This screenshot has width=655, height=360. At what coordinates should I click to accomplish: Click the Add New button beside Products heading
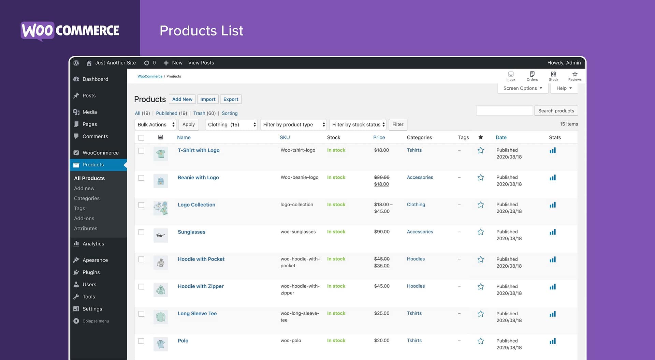182,99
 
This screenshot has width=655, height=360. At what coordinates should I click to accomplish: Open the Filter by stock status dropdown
358,124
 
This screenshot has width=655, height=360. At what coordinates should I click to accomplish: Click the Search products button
556,111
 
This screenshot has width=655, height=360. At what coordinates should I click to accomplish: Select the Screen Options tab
522,88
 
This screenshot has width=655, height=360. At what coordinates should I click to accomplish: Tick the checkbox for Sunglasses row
141,232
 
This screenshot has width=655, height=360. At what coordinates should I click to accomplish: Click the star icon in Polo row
480,341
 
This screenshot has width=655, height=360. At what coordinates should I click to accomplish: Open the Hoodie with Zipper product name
201,286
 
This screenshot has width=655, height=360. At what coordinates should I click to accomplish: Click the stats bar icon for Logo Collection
552,205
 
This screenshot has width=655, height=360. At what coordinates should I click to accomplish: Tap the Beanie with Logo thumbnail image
160,181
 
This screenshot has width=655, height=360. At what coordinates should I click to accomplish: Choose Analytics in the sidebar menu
93,244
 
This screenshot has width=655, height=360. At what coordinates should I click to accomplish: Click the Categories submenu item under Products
87,198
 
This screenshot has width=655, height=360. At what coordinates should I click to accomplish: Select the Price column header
379,137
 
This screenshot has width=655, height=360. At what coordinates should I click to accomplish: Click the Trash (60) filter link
204,113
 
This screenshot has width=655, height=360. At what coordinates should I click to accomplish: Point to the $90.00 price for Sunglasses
381,232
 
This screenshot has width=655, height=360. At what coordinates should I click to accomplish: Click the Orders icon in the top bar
532,76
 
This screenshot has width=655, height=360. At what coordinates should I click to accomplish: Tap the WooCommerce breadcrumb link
150,76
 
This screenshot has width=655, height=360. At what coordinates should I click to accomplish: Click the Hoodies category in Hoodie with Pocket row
416,259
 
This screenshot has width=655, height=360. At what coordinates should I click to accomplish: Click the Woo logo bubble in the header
38,31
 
